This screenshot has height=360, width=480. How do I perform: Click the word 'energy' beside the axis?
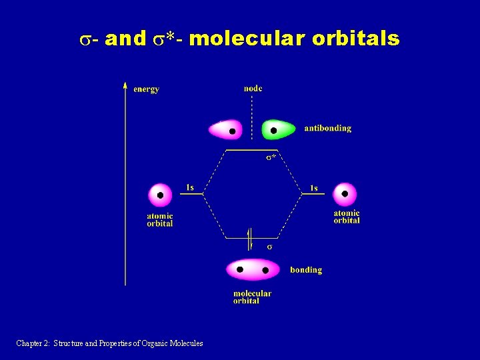click(146, 89)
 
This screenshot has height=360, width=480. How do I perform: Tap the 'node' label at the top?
click(253, 88)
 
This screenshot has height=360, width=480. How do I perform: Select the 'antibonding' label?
click(327, 128)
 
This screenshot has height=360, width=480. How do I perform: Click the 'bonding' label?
click(306, 270)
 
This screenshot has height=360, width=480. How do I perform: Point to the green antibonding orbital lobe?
click(278, 129)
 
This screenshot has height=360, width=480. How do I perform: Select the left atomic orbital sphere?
click(160, 195)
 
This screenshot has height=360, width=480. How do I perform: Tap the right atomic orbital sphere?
click(345, 194)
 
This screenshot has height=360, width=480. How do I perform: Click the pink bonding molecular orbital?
click(253, 269)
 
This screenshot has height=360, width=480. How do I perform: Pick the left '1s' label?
click(190, 187)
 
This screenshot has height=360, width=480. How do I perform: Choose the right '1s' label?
click(313, 187)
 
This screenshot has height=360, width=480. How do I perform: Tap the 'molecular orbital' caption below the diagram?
click(252, 297)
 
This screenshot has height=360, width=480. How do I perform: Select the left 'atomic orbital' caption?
click(160, 219)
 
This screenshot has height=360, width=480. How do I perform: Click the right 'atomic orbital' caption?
click(347, 217)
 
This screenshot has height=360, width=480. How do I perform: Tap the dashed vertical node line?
click(252, 117)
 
